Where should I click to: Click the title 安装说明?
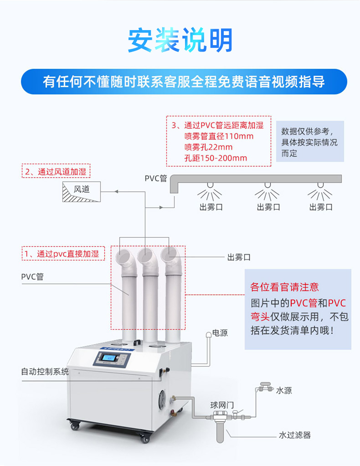point(180,40)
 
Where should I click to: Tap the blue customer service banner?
point(184,82)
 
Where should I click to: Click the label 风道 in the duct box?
point(82,189)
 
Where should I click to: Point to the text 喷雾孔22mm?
point(208,147)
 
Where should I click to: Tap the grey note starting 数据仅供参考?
point(310,142)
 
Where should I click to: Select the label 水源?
point(284,390)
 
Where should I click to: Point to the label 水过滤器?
point(295,435)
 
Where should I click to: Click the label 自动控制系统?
point(45,371)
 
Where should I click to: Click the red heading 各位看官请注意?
point(284,287)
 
